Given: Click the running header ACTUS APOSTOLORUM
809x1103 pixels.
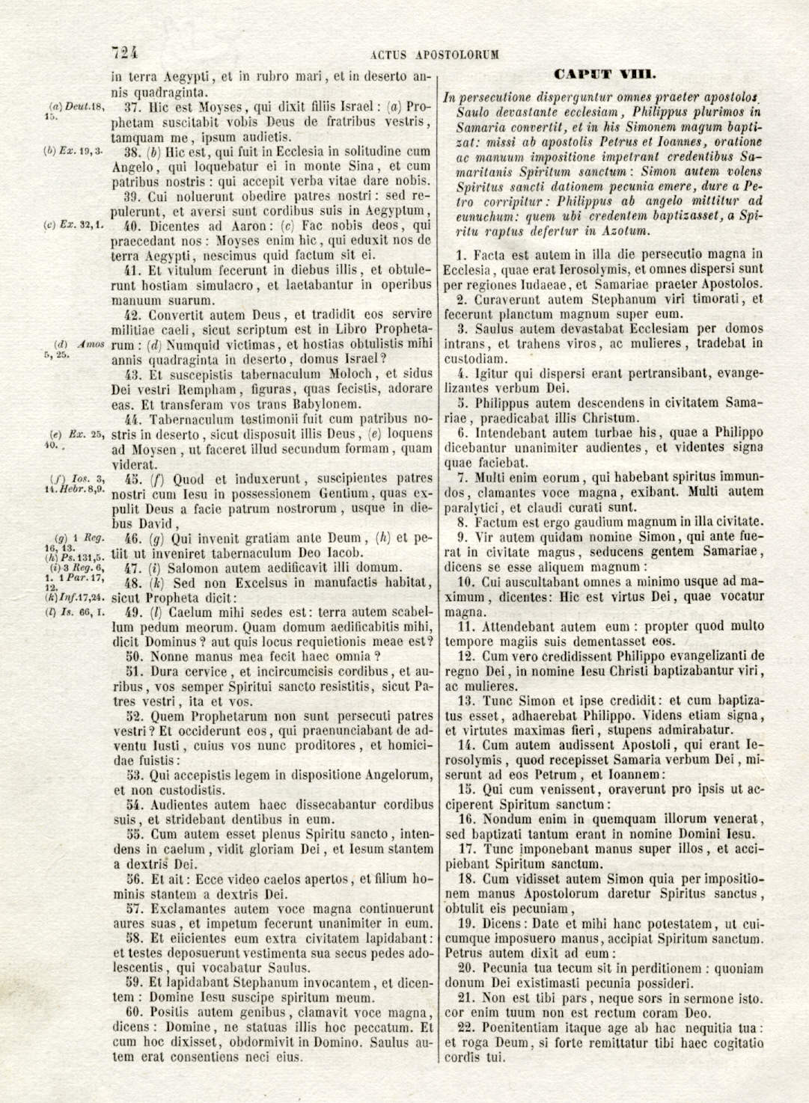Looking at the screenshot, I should pos(434,55).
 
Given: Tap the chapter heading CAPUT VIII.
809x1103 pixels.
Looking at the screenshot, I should pos(605,74).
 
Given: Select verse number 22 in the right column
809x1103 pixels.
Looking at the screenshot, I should pos(465,1027).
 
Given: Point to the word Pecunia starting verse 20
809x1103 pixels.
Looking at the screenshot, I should pos(507,968).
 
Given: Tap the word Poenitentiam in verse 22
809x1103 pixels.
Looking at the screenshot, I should pos(524,1027).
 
